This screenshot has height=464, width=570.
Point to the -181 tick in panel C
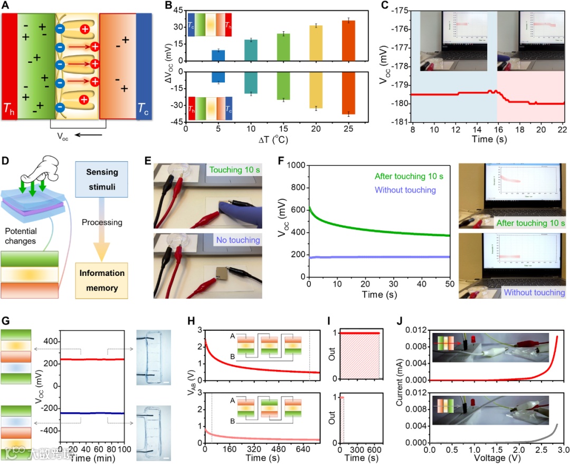pyautogui.click(x=399, y=122)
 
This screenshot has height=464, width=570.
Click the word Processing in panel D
pyautogui.click(x=102, y=223)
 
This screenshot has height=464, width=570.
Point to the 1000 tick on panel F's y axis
pyautogui.click(x=297, y=165)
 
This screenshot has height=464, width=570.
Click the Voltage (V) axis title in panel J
pyautogui.click(x=496, y=458)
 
